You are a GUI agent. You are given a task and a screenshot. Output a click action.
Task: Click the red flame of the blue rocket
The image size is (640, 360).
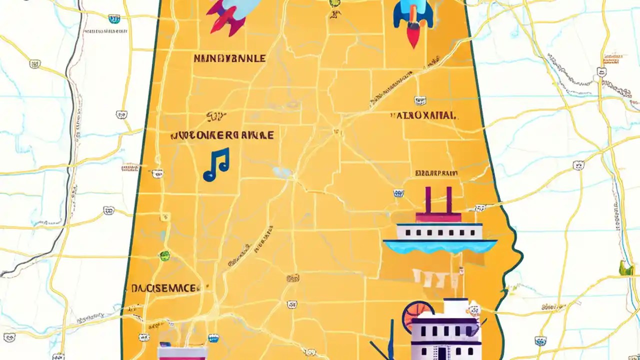click(x=413, y=36)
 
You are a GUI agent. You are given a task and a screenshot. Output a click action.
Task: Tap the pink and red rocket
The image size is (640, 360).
click(x=227, y=15)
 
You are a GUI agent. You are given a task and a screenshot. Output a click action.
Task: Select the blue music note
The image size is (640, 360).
click(x=216, y=164)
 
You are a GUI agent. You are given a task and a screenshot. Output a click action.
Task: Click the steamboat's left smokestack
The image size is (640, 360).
click(x=428, y=199)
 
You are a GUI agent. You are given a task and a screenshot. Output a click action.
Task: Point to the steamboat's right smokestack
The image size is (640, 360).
click(x=448, y=199)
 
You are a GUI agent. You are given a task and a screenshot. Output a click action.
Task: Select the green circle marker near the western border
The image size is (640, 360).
click(x=164, y=256)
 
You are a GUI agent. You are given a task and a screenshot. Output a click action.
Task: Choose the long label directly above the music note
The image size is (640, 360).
click(x=222, y=135)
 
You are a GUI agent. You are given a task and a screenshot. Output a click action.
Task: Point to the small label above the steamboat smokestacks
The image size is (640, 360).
click(x=436, y=173)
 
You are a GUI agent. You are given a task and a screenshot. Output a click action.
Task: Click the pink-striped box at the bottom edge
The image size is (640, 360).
click(x=182, y=352)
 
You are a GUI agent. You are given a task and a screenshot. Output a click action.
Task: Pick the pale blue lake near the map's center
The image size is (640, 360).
click(x=283, y=173)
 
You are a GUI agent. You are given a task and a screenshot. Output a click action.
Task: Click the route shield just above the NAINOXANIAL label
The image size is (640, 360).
click(x=418, y=100)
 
